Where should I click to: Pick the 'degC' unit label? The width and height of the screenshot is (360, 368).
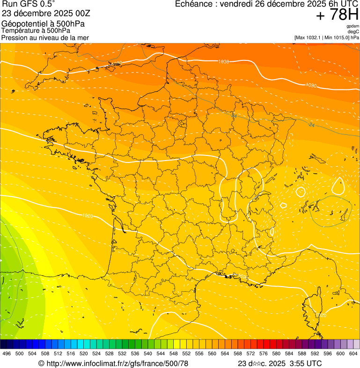353,32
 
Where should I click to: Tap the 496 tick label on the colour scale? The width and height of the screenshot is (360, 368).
7,354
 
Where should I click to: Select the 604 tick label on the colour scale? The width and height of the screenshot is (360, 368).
353,354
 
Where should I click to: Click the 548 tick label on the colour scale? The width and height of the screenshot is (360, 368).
173,354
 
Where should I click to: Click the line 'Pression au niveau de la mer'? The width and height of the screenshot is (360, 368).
45,37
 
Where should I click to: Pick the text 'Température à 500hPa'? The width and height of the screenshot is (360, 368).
36,30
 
